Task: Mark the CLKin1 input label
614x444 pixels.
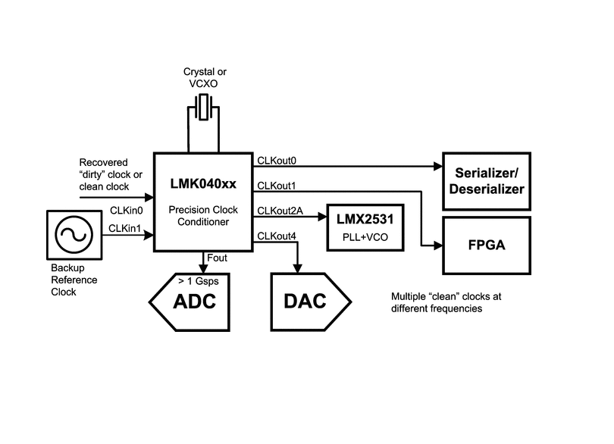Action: point(126,227)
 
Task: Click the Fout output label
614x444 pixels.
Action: point(217,258)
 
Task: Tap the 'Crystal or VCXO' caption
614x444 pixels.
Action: point(205,79)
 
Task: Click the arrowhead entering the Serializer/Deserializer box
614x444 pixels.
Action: point(439,166)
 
